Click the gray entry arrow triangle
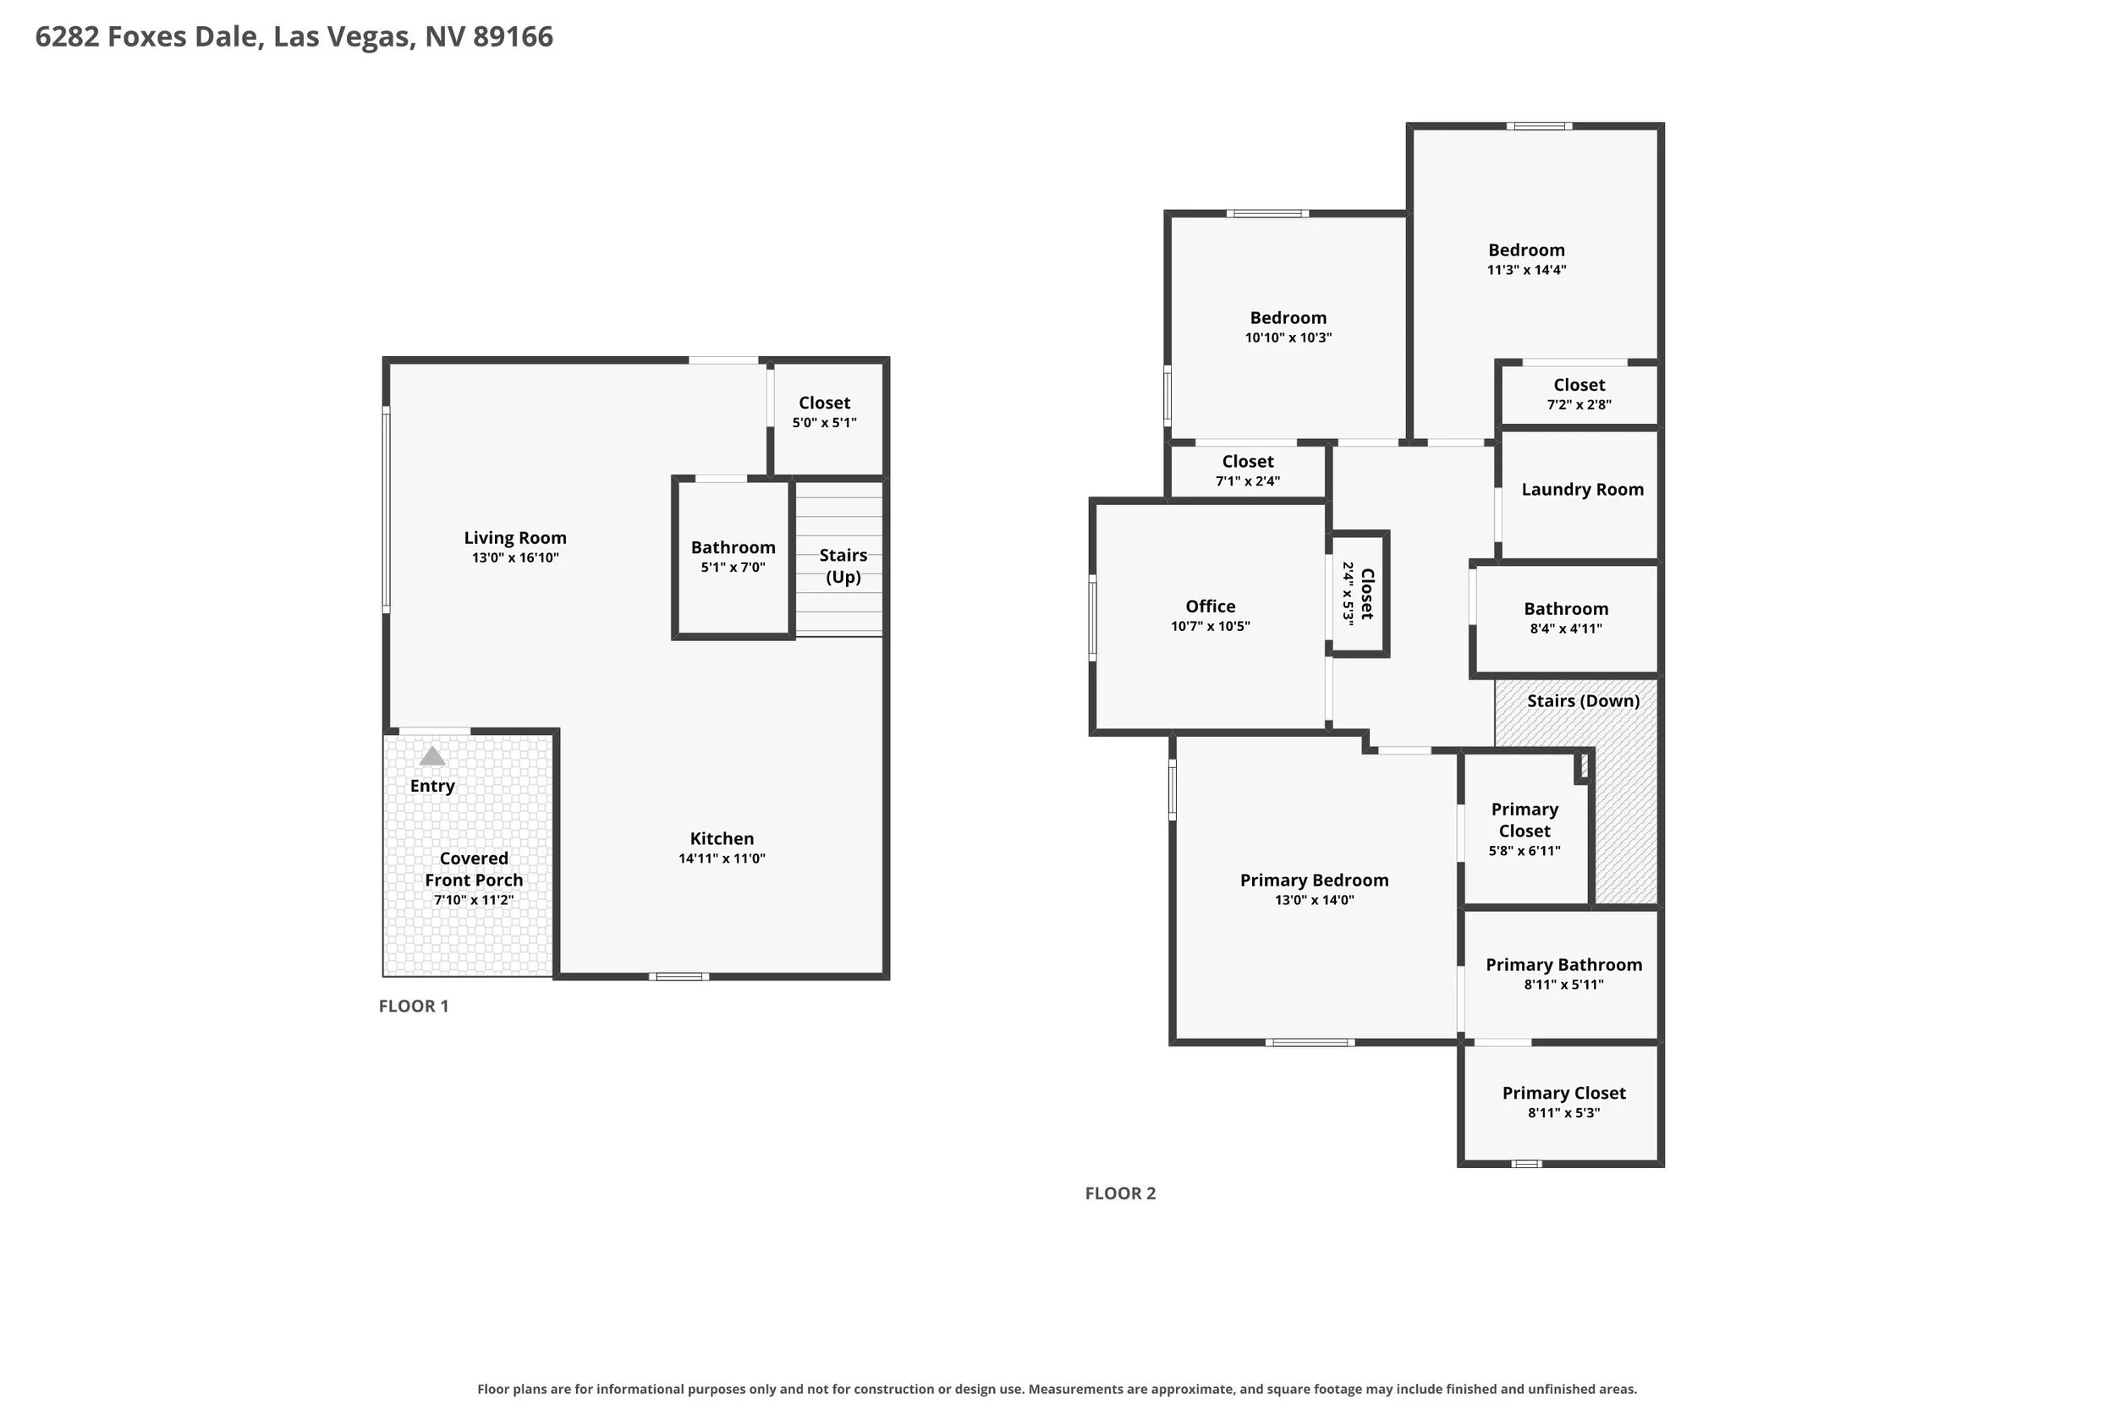click(432, 755)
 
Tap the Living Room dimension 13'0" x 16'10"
click(515, 557)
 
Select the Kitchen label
click(722, 838)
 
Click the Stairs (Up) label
click(843, 566)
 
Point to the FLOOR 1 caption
click(414, 1007)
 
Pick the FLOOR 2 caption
click(1120, 1193)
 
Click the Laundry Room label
click(1583, 489)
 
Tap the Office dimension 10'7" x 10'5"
click(1211, 626)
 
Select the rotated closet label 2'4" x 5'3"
click(1348, 594)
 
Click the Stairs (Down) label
click(1584, 700)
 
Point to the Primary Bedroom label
click(1315, 881)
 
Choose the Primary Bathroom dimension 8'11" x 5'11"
click(1563, 984)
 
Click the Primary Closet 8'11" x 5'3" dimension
click(1563, 1112)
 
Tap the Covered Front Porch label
click(474, 869)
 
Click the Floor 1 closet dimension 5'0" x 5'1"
click(825, 423)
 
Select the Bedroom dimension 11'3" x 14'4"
click(1527, 270)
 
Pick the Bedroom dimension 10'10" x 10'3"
click(1288, 337)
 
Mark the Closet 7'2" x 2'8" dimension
click(1579, 404)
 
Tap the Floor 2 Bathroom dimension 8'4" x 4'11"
click(1567, 628)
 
